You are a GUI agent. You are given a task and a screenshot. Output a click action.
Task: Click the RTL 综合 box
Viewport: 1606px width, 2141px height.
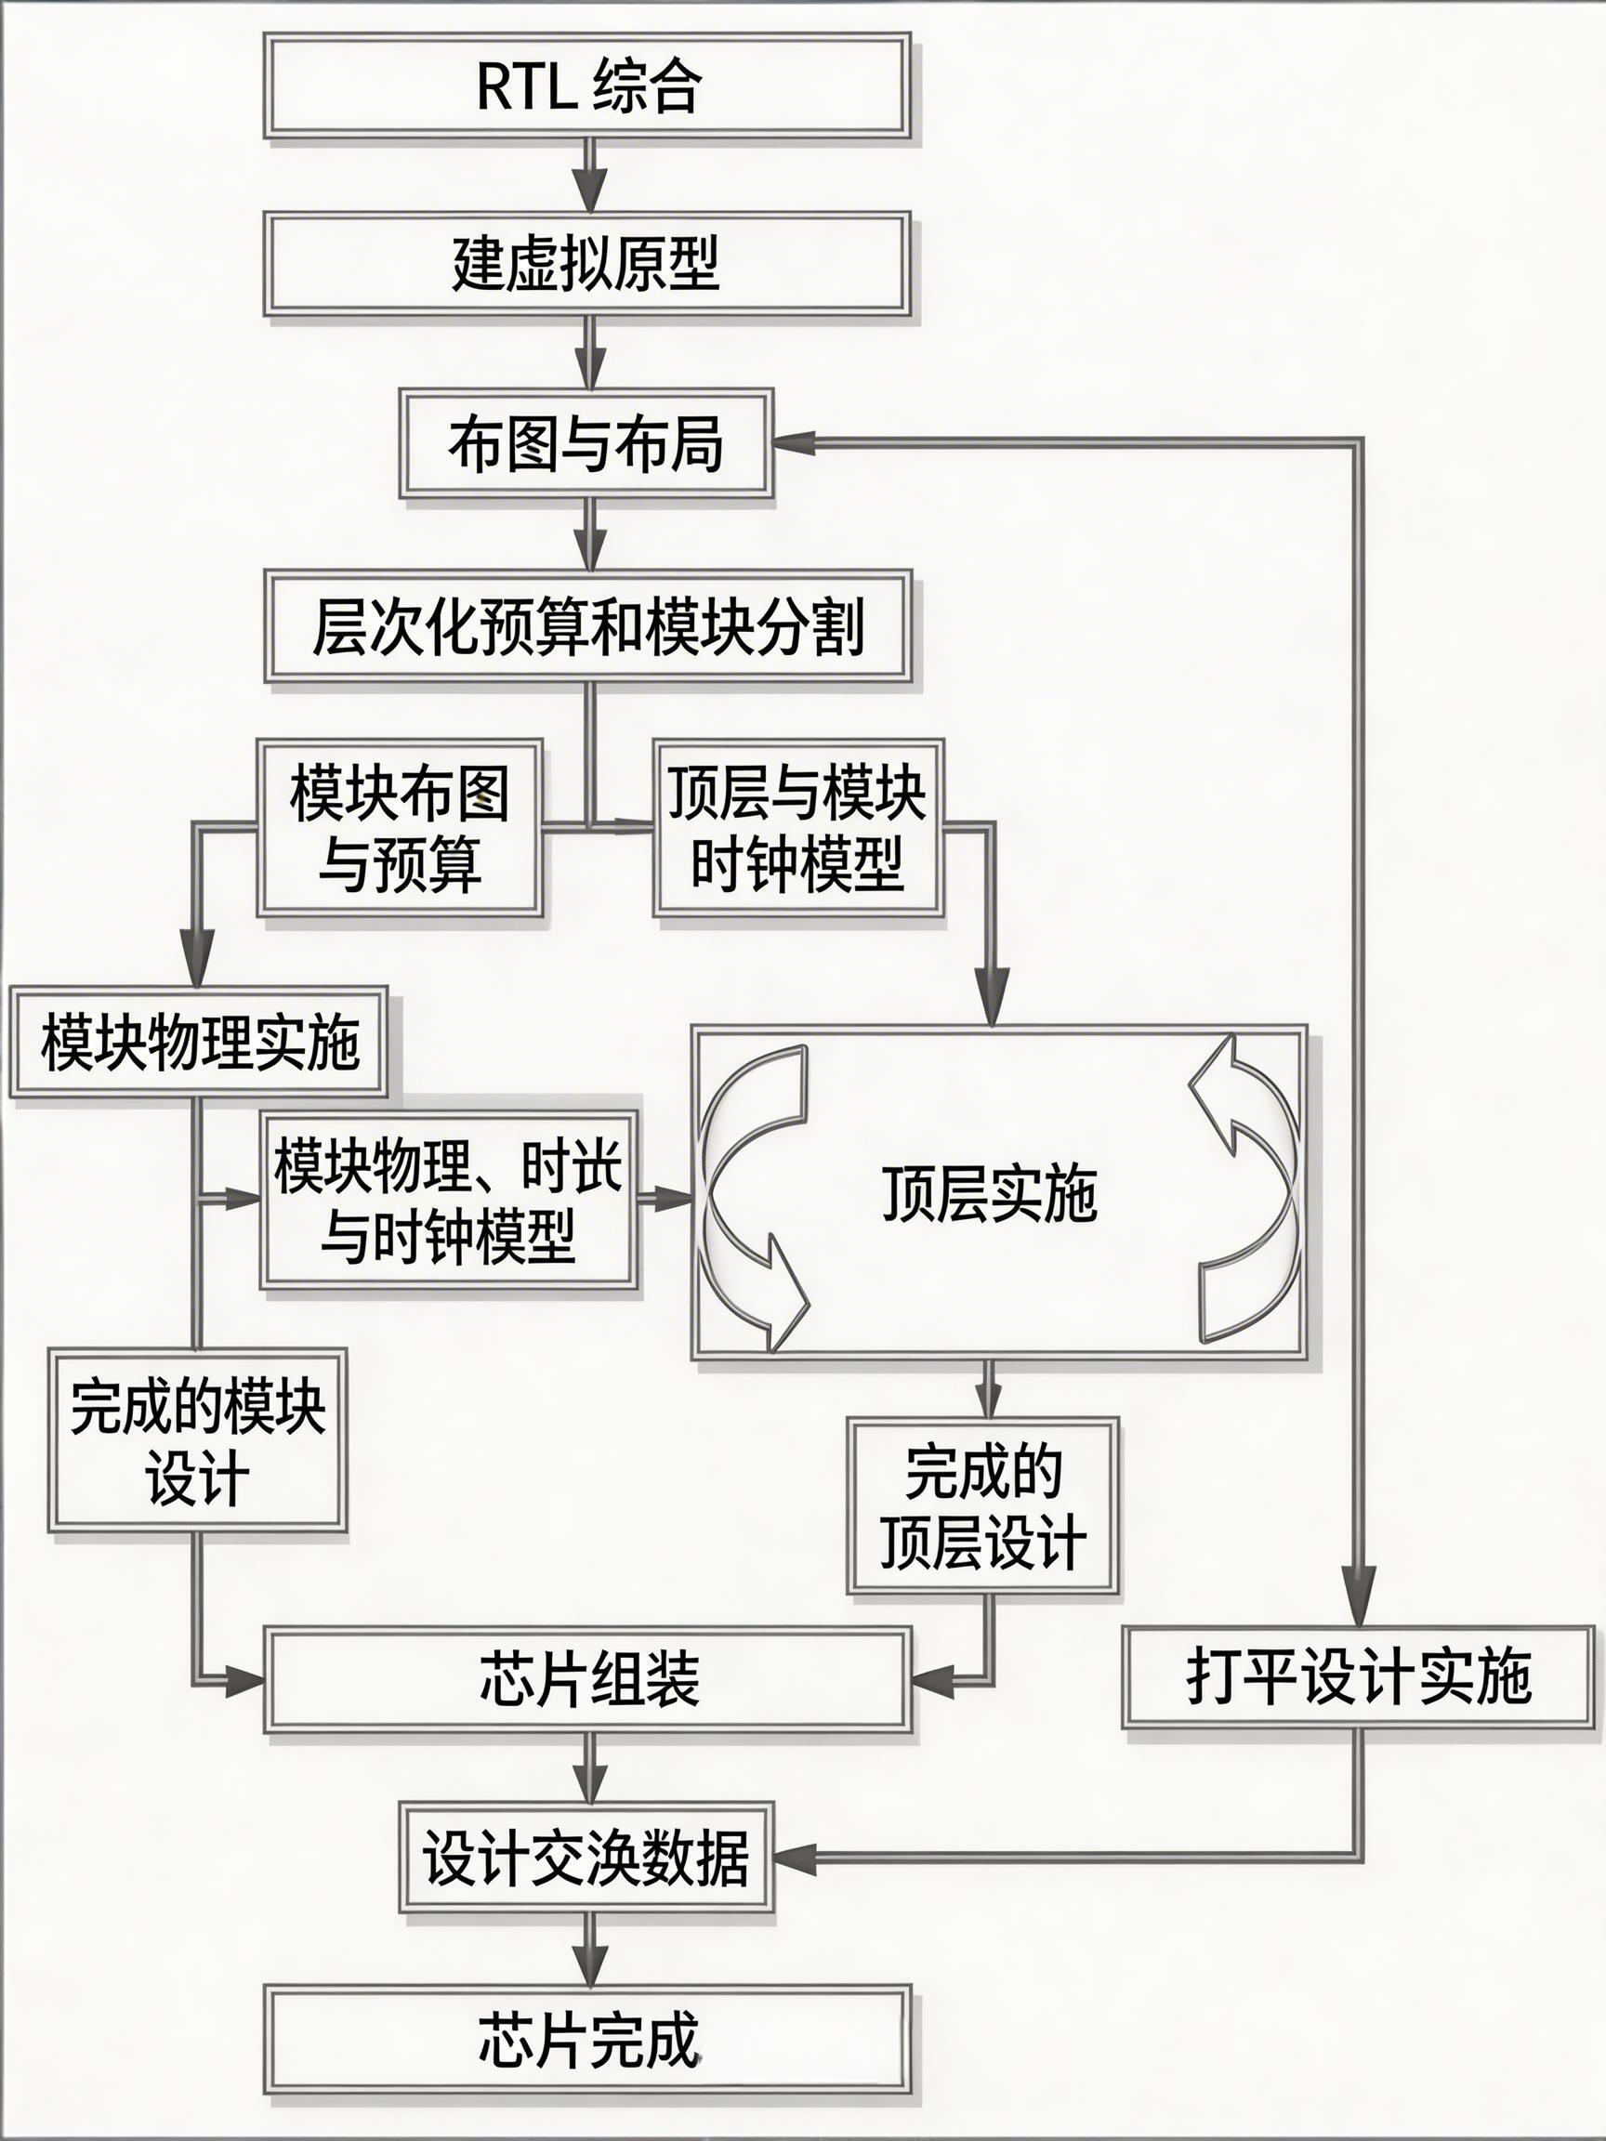click(x=586, y=85)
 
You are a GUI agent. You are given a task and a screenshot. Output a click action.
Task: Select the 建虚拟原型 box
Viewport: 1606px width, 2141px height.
click(x=586, y=263)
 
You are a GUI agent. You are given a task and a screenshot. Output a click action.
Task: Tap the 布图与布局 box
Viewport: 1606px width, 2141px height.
click(x=586, y=444)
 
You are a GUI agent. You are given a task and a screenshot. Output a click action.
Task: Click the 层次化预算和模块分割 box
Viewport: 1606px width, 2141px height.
click(x=588, y=626)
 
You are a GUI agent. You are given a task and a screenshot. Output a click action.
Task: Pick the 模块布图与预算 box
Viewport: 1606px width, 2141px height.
click(x=399, y=828)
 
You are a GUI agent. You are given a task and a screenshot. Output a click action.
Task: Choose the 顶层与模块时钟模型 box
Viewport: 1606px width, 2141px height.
click(x=797, y=828)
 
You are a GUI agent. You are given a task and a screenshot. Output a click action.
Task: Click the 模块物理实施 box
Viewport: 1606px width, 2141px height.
click(x=199, y=1042)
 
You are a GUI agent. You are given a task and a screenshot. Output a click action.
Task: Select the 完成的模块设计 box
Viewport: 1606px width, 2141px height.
click(x=197, y=1439)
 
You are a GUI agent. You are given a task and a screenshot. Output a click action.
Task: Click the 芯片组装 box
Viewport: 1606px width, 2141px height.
click(x=588, y=1679)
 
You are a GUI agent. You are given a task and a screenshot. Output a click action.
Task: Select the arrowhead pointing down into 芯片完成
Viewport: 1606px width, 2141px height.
click(x=589, y=1962)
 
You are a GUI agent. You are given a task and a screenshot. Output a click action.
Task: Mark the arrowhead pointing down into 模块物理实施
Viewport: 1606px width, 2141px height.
click(x=199, y=963)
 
